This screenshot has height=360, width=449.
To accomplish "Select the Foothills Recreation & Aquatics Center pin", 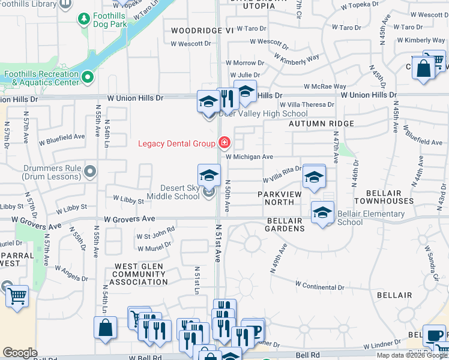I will pyautogui.click(x=88, y=77).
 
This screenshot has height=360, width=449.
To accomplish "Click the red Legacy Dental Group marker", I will pyautogui.click(x=224, y=143).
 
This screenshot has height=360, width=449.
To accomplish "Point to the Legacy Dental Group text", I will pyautogui.click(x=176, y=143).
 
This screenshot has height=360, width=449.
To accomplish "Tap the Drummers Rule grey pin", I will pyautogui.click(x=90, y=172).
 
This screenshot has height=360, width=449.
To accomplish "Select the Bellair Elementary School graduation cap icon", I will pyautogui.click(x=322, y=214).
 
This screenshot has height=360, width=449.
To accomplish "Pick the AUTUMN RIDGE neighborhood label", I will pyautogui.click(x=321, y=123).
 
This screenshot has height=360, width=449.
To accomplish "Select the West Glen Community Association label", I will pyautogui.click(x=141, y=274).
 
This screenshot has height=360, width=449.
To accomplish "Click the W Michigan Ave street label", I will pyautogui.click(x=250, y=157).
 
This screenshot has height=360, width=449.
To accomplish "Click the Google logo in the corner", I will pyautogui.click(x=20, y=353).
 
